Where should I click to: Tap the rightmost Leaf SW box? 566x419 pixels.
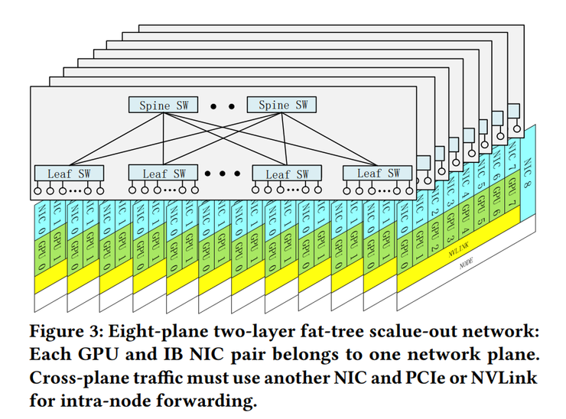[x=372, y=174]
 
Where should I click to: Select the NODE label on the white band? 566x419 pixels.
[x=466, y=264]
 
